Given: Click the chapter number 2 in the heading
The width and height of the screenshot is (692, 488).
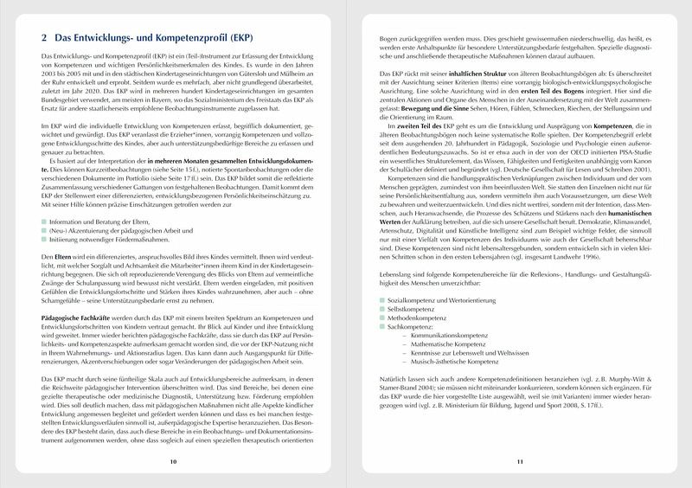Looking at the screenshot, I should point(45,39).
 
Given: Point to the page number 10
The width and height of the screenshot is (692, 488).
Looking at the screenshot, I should point(174,463).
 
